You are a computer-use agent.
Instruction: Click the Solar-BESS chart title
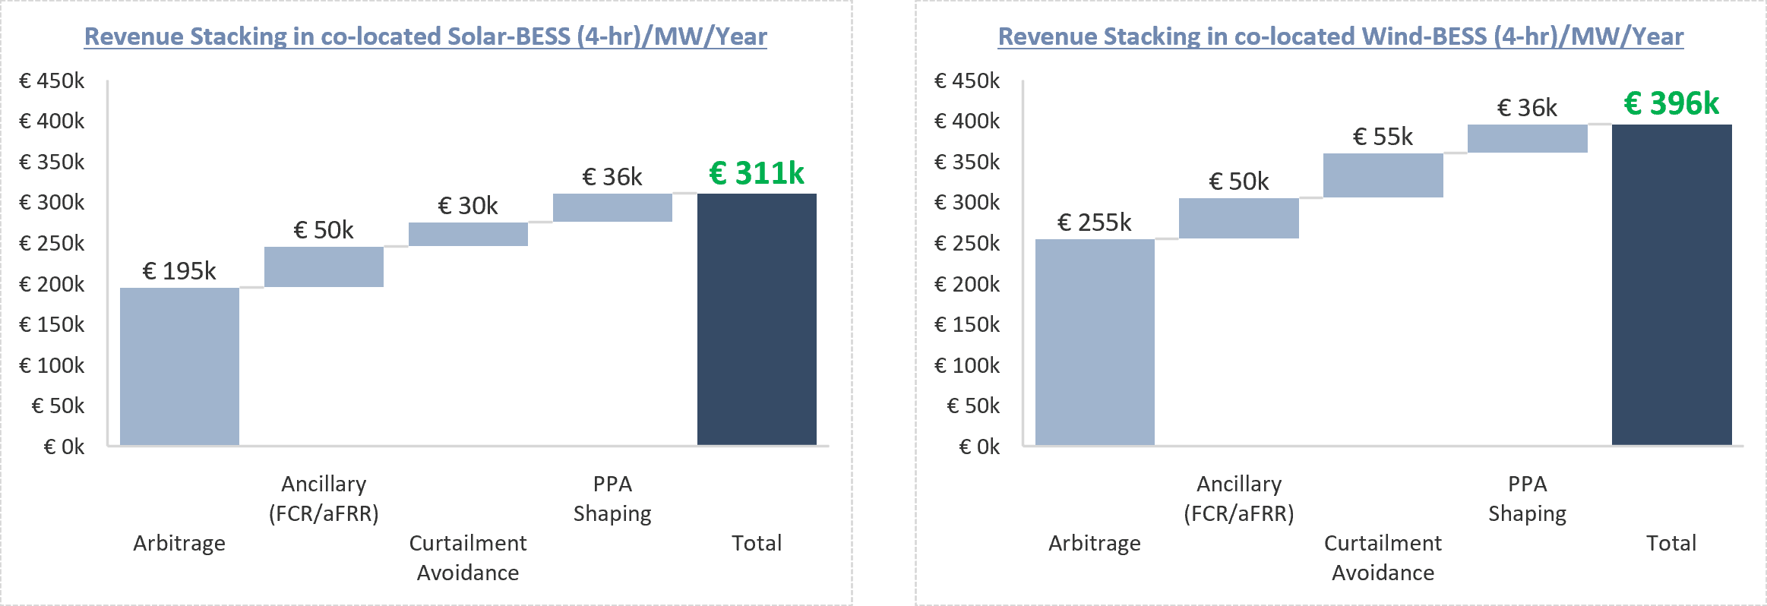(x=425, y=36)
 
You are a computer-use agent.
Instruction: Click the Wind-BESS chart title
(x=1341, y=36)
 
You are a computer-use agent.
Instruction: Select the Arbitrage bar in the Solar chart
(x=179, y=366)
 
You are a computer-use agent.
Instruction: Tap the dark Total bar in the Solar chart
(x=757, y=319)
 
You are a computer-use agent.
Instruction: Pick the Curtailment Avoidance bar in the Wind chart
(x=1383, y=175)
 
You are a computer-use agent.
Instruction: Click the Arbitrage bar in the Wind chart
(x=1095, y=342)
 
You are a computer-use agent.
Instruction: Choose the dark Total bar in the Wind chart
(x=1671, y=285)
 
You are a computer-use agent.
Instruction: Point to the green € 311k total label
(x=757, y=173)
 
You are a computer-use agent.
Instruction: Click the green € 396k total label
(x=1671, y=103)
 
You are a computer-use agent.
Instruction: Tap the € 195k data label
(x=179, y=271)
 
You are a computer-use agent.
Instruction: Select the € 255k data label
(x=1095, y=223)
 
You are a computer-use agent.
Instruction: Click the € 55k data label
(x=1383, y=137)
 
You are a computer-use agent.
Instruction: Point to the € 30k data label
(x=468, y=206)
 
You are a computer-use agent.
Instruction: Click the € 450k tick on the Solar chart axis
(x=52, y=80)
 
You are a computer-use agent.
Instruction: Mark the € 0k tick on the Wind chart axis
(x=980, y=447)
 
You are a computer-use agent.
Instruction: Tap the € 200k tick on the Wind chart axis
(x=967, y=284)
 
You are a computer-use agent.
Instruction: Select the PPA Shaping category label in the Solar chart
(x=612, y=499)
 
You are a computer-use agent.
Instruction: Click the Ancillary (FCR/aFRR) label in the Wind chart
(x=1239, y=499)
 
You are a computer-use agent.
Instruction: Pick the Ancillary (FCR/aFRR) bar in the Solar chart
(x=324, y=267)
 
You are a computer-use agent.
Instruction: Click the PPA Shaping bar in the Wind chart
(x=1527, y=138)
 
